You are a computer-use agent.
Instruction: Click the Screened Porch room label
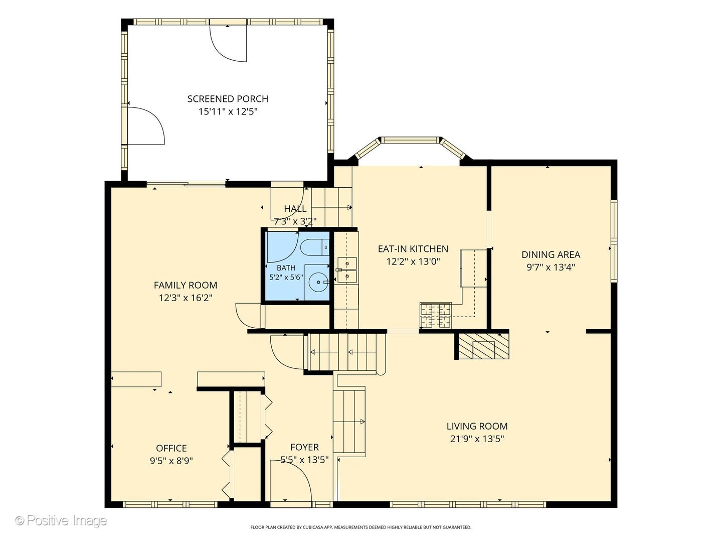click(x=228, y=99)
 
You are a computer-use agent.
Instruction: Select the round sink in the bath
click(x=318, y=282)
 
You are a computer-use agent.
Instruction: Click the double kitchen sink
click(x=347, y=269)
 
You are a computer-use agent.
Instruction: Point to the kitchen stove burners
click(x=436, y=316)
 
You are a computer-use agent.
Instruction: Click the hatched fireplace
click(x=483, y=346)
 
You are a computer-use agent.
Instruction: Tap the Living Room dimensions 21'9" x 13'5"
click(x=477, y=439)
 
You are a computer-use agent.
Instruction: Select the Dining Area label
click(x=551, y=254)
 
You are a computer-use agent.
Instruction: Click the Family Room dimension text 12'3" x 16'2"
click(x=186, y=298)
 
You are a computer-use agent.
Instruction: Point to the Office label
click(x=171, y=448)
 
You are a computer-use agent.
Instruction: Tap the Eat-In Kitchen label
click(x=413, y=249)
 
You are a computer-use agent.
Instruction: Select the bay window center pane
click(x=411, y=140)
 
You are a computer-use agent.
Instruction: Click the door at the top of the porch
click(x=228, y=40)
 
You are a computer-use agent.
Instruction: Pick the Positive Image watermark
click(x=61, y=520)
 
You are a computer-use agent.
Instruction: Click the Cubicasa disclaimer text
click(x=361, y=527)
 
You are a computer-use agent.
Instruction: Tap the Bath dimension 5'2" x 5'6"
click(x=286, y=278)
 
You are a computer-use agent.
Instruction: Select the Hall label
click(x=295, y=209)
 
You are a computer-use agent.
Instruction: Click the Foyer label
click(x=304, y=447)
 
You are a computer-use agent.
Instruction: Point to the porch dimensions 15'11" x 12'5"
click(x=228, y=112)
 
